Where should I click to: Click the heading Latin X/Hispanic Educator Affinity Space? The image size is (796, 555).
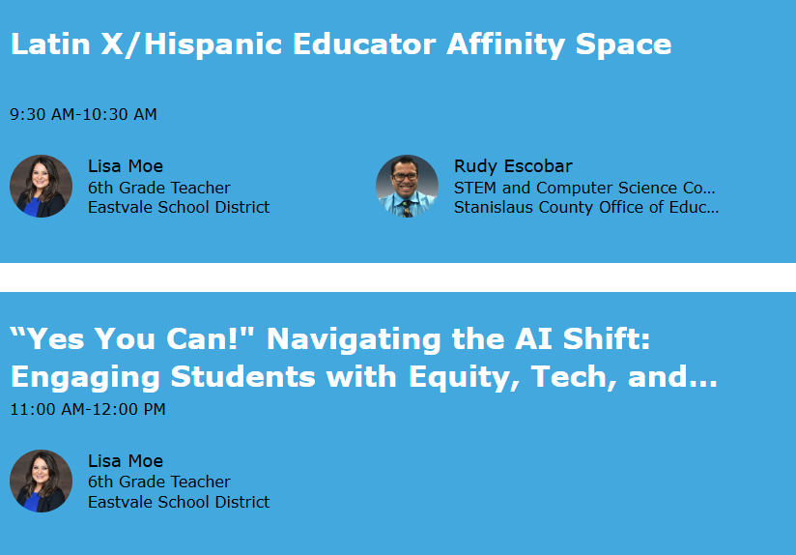point(341,44)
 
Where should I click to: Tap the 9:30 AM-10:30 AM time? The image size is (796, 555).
point(83,114)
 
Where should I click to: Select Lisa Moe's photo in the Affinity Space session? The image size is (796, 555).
point(42,186)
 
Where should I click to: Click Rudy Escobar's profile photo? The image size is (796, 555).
point(407,186)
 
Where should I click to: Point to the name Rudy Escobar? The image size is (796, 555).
point(513,166)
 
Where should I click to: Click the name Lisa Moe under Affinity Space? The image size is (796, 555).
point(126,166)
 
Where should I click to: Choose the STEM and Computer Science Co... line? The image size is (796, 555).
point(584,188)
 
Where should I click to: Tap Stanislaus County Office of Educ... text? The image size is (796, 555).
point(586,207)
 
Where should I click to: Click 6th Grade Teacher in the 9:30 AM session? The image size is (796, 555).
point(158,188)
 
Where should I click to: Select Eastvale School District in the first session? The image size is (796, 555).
point(179,207)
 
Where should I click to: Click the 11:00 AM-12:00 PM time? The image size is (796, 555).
point(88,409)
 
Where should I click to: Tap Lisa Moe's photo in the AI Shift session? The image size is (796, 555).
point(42,481)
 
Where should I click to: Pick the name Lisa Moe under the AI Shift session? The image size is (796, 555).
point(126,461)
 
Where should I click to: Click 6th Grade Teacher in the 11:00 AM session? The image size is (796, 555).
point(158,482)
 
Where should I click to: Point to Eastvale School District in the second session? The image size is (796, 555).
point(179,502)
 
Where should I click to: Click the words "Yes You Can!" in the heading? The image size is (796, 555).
point(131,339)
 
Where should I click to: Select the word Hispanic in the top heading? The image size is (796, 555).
point(213,44)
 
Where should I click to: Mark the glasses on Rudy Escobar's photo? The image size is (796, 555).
point(405,177)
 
